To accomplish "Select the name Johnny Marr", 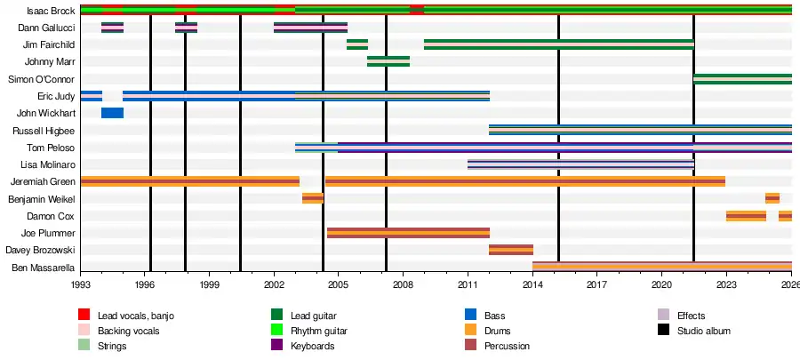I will point(50,62).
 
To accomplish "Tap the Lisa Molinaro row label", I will point(45,165).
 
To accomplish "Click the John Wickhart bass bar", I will point(112,113).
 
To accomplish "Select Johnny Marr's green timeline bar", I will point(388,61).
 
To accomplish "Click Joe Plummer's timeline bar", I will point(408,233).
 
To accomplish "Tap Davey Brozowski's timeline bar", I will point(511,250).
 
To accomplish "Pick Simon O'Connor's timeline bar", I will point(742,79).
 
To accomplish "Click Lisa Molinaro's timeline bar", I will point(580,164).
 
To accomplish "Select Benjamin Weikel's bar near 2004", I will point(313,198).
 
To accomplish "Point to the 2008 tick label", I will point(403,285).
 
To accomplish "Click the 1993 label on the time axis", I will point(81,285).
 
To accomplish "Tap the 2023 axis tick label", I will point(726,285).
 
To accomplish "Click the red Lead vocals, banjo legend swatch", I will point(84,316).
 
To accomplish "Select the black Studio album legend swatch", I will point(663,331).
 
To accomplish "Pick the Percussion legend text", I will point(507,346).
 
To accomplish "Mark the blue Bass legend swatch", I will point(471,316).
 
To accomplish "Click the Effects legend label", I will point(691,316).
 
